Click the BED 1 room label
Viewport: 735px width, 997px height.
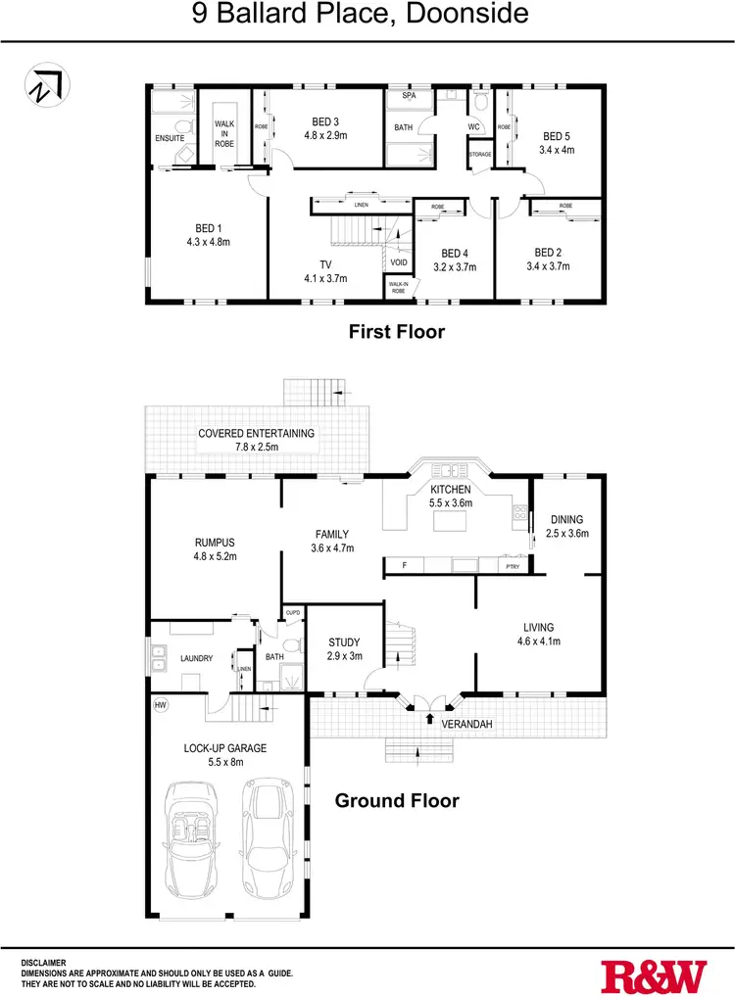205,228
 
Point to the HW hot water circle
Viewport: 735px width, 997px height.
160,703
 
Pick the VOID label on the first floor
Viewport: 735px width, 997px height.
398,262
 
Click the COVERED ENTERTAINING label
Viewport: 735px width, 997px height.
257,434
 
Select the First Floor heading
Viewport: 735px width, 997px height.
397,332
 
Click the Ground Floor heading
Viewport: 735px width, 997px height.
397,800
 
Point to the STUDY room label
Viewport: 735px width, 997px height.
343,643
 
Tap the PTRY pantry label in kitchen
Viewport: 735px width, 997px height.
512,566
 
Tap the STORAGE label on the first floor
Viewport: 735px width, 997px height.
479,154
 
